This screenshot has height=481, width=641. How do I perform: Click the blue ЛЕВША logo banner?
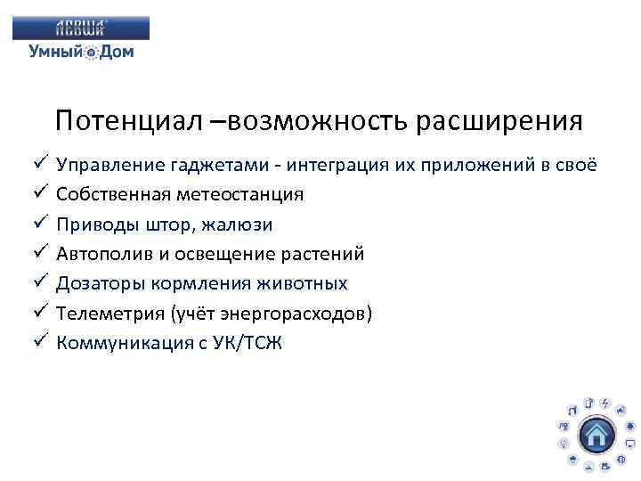pos(81,28)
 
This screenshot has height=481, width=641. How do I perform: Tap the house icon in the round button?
pos(596,434)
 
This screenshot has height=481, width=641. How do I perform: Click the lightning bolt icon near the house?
pos(604,403)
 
